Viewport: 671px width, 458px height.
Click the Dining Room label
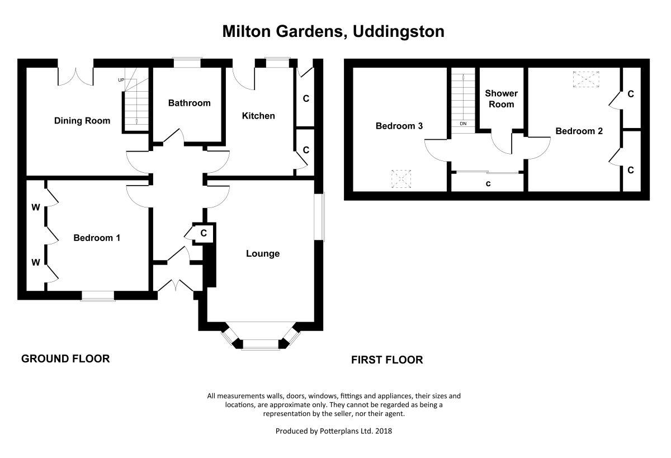(x=82, y=121)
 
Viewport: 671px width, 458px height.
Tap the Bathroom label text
(x=190, y=103)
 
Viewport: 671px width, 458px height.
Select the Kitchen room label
(x=258, y=116)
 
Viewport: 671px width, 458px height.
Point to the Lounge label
(x=263, y=254)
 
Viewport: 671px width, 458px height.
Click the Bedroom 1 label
(x=97, y=238)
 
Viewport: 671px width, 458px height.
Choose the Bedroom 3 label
(x=399, y=126)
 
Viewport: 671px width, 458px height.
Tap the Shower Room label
(x=501, y=99)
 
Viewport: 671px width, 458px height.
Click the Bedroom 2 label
(x=579, y=131)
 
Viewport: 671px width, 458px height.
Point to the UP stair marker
(x=121, y=80)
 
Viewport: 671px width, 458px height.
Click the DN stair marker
(x=463, y=124)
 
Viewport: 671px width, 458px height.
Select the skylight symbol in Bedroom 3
(x=401, y=179)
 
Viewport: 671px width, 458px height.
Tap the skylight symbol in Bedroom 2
(x=586, y=79)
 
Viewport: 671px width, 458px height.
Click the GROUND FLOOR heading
(x=65, y=358)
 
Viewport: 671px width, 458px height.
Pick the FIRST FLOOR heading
(x=387, y=360)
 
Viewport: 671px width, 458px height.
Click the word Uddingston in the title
(x=398, y=32)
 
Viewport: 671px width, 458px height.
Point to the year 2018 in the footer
(x=384, y=431)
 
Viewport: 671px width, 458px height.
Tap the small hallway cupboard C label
(x=204, y=233)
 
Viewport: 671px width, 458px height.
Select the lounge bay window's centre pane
(x=261, y=344)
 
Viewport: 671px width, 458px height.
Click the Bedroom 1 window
(x=98, y=296)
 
